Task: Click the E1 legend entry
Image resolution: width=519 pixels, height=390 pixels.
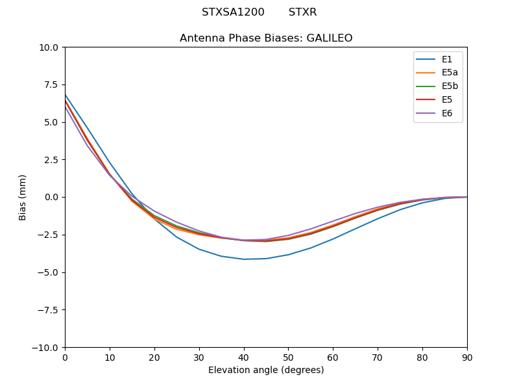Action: [x=437, y=59]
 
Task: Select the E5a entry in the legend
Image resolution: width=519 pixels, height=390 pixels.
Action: [x=437, y=73]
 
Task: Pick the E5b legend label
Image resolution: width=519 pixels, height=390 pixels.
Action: [x=437, y=86]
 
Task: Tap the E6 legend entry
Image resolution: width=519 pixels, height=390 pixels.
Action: [x=437, y=114]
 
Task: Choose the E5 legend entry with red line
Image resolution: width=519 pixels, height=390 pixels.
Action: [x=437, y=100]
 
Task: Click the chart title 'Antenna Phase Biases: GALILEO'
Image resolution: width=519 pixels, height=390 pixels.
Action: [x=266, y=38]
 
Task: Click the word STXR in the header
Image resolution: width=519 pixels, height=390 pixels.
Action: [x=302, y=12]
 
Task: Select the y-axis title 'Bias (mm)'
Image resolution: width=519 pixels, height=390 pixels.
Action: [x=23, y=197]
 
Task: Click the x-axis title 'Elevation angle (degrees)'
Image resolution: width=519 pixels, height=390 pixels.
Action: [x=266, y=370]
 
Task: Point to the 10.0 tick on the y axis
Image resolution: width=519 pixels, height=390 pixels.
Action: [x=49, y=47]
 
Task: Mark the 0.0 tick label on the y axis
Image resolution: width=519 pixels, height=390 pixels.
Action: [x=52, y=197]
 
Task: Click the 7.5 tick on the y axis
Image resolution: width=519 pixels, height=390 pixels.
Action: [x=52, y=84]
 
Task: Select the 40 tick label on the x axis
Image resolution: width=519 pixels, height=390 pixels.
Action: [x=244, y=357]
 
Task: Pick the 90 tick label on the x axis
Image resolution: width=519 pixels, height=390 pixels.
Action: [x=467, y=357]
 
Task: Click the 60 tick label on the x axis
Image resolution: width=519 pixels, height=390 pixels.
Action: [x=333, y=357]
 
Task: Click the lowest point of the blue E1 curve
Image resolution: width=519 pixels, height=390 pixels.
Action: [x=244, y=259]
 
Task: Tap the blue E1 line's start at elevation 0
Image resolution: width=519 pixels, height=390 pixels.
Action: [x=66, y=95]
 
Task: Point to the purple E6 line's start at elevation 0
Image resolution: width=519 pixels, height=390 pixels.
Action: [x=66, y=107]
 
